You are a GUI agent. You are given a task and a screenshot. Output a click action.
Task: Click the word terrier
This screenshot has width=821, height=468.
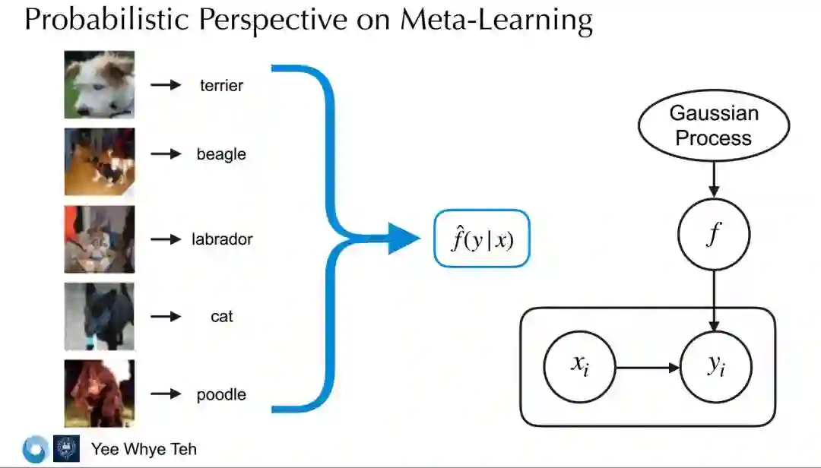221,85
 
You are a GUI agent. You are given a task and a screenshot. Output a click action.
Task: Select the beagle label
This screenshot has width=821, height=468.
221,154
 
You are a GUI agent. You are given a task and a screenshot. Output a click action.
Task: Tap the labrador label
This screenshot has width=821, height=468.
222,239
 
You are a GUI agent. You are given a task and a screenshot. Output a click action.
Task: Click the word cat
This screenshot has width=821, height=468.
221,316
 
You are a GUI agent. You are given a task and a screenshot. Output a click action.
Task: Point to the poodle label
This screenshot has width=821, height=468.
221,394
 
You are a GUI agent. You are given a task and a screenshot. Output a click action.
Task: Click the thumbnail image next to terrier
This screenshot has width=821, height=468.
100,84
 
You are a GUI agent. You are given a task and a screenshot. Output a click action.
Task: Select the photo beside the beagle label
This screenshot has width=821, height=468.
100,162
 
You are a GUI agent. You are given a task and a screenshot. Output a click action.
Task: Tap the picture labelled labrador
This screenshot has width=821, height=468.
100,239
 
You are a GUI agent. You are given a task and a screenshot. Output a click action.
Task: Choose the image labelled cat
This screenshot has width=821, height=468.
100,316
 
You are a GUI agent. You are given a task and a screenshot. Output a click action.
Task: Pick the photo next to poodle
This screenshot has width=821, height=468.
100,394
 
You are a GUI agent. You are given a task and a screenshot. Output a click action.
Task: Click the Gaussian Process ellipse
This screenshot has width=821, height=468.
713,125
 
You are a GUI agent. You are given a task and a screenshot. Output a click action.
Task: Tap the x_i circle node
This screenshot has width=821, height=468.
579,368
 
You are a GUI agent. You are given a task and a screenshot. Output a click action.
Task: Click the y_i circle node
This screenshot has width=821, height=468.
716,368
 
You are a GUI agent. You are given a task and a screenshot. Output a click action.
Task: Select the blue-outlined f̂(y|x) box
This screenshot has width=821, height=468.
481,239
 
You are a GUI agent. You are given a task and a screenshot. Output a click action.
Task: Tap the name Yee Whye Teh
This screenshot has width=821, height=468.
144,449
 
